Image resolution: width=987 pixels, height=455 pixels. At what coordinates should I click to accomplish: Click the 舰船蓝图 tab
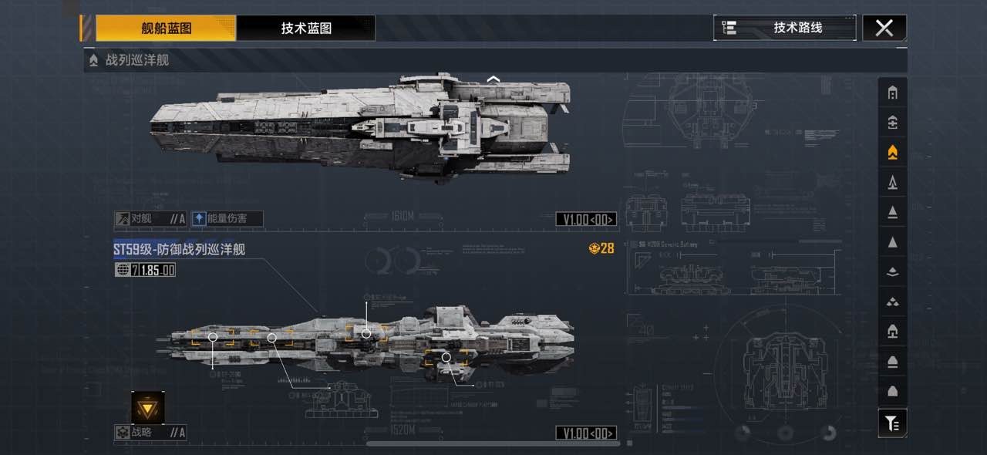pos(166,29)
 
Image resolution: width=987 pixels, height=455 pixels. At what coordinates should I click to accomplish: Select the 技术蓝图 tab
pos(306,29)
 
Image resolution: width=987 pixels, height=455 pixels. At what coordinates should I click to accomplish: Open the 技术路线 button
pos(785,28)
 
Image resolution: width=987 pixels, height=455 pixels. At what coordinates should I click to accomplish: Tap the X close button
pos(884,28)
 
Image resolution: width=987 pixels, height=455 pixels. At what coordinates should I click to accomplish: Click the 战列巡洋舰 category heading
pos(137,60)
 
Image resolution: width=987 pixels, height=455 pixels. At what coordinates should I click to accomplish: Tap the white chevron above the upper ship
pos(493,79)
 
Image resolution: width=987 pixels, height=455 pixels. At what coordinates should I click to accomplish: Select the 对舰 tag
pos(150,219)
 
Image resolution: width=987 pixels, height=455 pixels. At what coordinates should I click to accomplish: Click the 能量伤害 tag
pos(227,219)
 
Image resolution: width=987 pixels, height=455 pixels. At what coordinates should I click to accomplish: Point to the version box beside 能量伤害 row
pos(587,220)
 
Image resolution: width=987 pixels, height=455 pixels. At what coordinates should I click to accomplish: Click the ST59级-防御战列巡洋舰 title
pos(180,249)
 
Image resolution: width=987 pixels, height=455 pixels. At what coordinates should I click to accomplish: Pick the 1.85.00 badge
pos(157,270)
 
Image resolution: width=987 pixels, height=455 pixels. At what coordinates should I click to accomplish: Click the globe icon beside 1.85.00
pos(122,270)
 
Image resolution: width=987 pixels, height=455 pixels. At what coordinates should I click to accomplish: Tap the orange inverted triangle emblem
pos(147,407)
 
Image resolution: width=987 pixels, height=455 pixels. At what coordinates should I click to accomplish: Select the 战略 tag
pos(150,433)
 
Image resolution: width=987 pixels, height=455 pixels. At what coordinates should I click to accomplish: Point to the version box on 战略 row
pos(587,433)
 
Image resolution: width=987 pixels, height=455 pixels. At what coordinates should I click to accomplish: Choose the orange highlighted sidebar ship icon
pos(892,153)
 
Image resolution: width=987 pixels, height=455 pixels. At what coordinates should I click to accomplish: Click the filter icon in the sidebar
pos(892,423)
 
